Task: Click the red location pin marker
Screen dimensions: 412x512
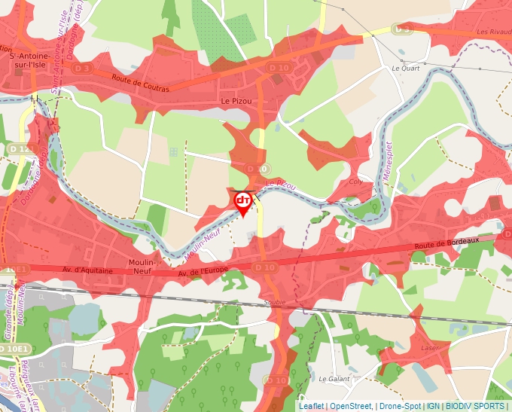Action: [x=243, y=202]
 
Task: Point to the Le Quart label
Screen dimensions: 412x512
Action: [x=405, y=68]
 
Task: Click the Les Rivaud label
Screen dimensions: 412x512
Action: [x=493, y=32]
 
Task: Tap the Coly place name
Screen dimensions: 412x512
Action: [x=357, y=182]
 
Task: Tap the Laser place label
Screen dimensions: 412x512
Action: [x=430, y=348]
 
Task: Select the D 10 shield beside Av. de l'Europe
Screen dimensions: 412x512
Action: [x=264, y=267]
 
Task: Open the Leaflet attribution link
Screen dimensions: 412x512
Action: [x=312, y=406]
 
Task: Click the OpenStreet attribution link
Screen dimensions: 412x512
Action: [x=351, y=406]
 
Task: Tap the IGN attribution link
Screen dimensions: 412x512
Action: [x=433, y=406]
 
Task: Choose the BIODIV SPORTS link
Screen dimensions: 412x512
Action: [x=474, y=406]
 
